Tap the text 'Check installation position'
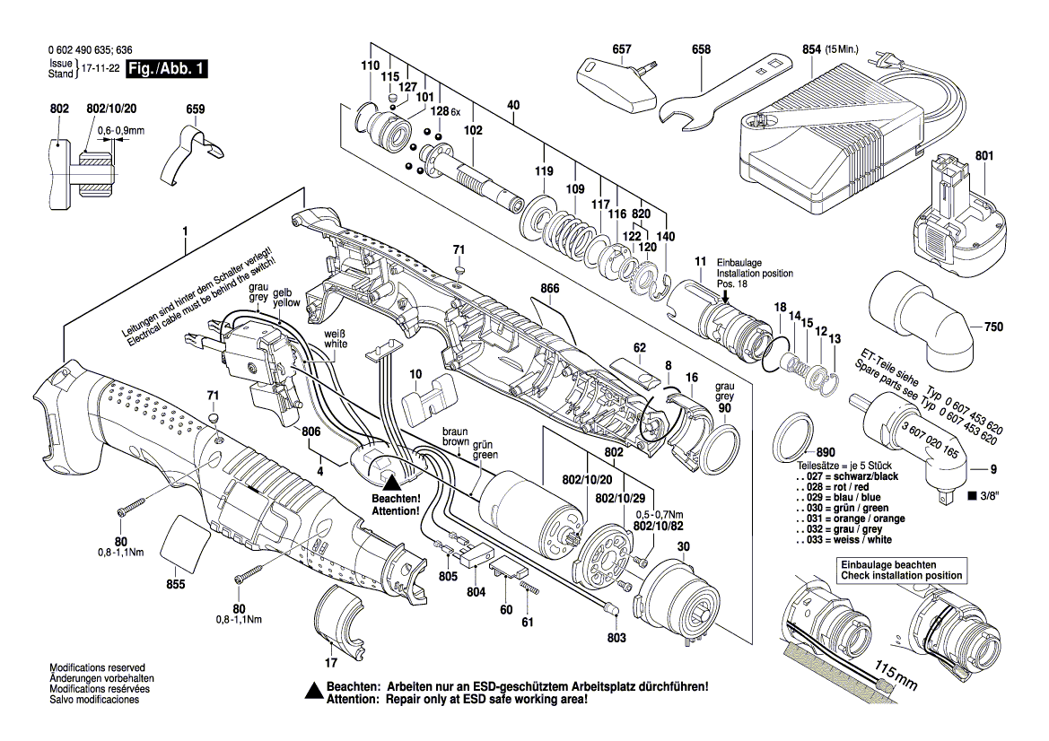pos(900,575)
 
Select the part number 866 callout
pos(550,289)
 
